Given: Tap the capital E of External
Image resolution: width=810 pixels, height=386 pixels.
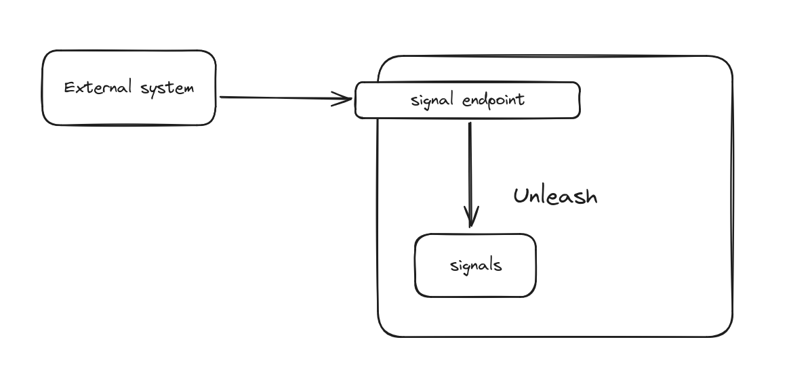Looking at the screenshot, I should pos(69,87).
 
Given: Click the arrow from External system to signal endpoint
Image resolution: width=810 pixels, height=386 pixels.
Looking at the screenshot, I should pos(285,98).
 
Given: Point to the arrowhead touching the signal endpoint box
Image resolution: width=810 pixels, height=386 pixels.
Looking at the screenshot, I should pos(347,100).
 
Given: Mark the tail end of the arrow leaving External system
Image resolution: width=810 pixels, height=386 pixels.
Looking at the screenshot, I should pos(222,98).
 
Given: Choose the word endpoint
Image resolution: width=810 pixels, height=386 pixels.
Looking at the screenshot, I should pos(493,101).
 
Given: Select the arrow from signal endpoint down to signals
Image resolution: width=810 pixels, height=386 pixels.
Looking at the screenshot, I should pos(470,169).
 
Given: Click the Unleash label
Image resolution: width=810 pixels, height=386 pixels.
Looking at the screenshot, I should pos(555,196).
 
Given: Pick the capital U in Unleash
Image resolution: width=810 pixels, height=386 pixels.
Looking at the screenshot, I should pos(521,196).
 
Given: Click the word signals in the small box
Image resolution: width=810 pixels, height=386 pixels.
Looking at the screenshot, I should pos(476,265).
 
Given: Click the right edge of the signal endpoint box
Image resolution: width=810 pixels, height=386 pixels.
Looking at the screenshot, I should pos(580,100).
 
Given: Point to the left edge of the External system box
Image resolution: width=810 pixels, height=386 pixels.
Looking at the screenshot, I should pos(43,88).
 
